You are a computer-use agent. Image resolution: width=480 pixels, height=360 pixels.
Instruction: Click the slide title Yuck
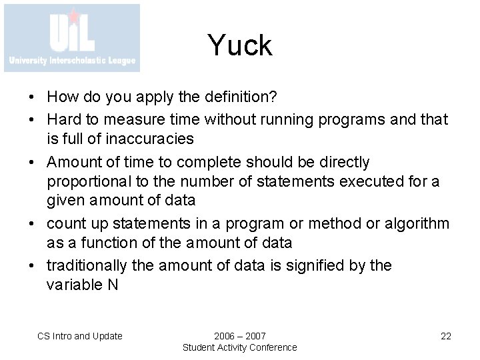239,46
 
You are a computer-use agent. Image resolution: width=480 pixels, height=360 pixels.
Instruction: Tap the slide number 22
446,336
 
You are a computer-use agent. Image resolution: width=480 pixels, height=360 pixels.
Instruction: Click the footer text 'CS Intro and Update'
79,336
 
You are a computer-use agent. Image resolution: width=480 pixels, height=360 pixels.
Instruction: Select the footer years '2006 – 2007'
240,336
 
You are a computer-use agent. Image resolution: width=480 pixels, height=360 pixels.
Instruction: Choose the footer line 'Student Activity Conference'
240,347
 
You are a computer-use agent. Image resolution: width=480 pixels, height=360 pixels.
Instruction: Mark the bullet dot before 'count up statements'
33,223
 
